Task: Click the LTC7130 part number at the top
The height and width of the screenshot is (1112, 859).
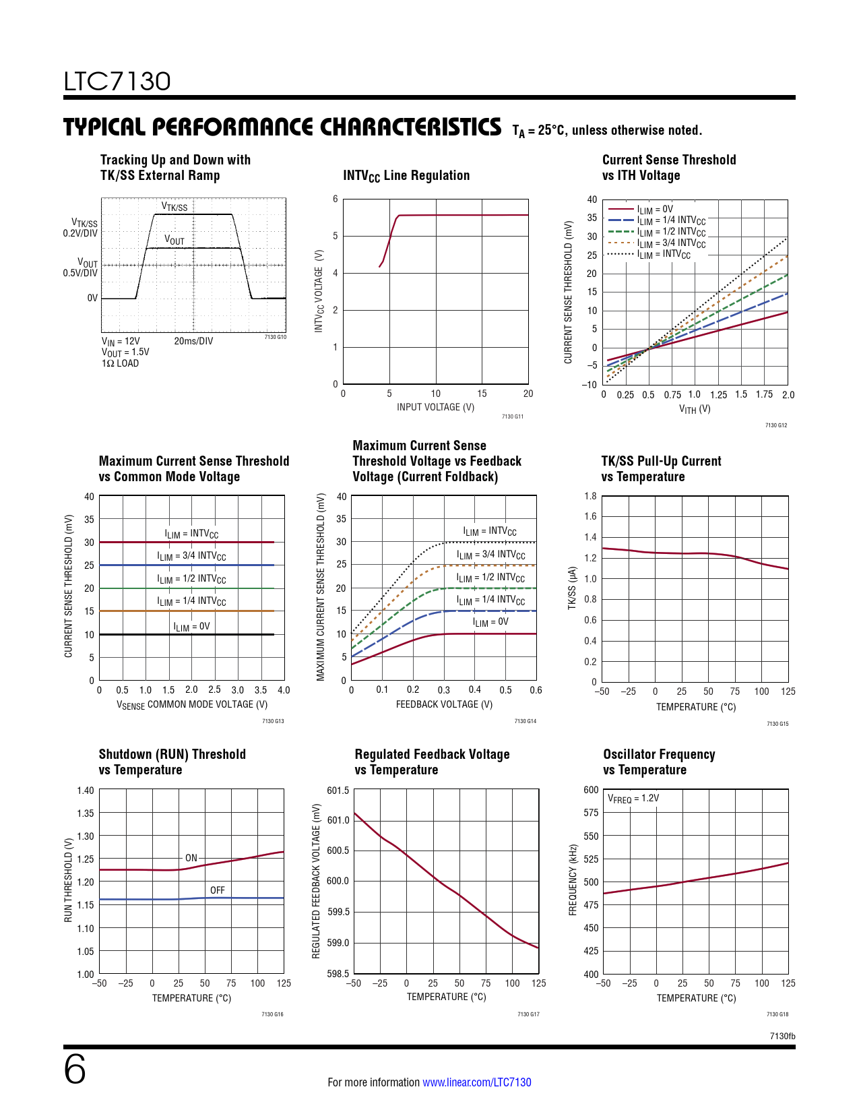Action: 117,82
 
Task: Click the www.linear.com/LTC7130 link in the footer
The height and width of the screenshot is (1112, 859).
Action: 476,1082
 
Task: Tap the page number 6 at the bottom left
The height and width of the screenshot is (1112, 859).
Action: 75,1070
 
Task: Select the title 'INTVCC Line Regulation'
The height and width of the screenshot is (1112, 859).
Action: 406,176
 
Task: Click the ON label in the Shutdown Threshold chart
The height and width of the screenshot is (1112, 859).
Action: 191,858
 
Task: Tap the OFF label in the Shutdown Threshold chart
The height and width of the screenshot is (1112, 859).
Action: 217,890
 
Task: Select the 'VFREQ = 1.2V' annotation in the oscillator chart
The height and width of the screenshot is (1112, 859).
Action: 633,799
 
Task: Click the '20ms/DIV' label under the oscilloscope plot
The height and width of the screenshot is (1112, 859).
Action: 193,341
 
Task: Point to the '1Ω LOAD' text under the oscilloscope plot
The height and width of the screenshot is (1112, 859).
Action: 120,363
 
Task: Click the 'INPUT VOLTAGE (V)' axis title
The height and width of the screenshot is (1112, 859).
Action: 435,407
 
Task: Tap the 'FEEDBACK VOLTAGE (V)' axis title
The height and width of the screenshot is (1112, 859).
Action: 444,704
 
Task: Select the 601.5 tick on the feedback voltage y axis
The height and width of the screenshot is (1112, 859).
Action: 338,791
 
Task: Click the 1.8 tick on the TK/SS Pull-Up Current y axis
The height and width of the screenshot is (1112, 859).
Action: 590,496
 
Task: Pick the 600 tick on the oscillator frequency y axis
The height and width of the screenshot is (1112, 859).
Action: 591,790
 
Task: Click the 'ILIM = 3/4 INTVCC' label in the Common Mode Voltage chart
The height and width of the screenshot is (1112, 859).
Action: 191,556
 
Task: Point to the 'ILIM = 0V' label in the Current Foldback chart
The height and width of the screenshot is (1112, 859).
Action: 490,622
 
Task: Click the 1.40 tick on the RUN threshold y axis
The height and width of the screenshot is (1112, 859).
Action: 86,791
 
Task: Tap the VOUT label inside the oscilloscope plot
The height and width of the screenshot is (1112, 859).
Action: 174,241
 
